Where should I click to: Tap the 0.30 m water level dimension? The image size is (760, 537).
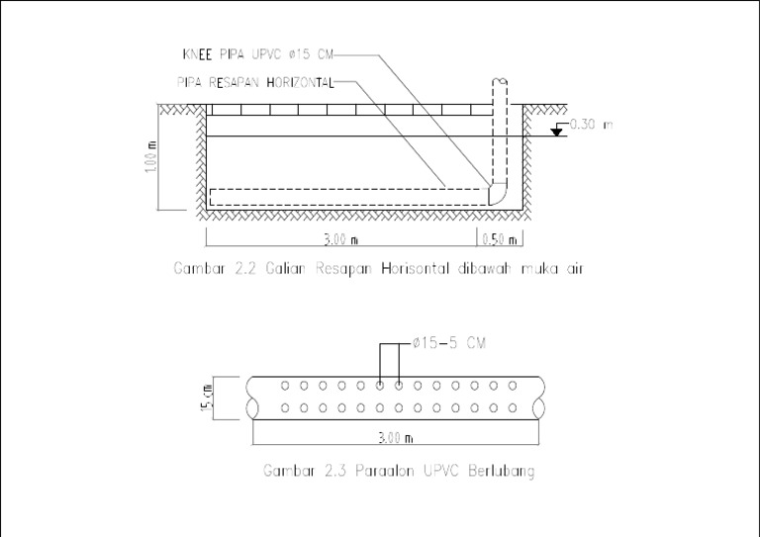pyautogui.click(x=592, y=126)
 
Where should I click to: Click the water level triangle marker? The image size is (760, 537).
pyautogui.click(x=557, y=132)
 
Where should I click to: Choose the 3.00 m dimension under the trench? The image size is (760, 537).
pyautogui.click(x=339, y=238)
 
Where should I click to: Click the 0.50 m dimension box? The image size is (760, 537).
pyautogui.click(x=499, y=238)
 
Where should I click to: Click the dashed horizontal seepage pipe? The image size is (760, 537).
pyautogui.click(x=346, y=195)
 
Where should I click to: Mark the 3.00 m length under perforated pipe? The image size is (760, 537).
pyautogui.click(x=395, y=437)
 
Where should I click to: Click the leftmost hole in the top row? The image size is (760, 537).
pyautogui.click(x=285, y=385)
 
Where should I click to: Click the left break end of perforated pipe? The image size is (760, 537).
pyautogui.click(x=253, y=398)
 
